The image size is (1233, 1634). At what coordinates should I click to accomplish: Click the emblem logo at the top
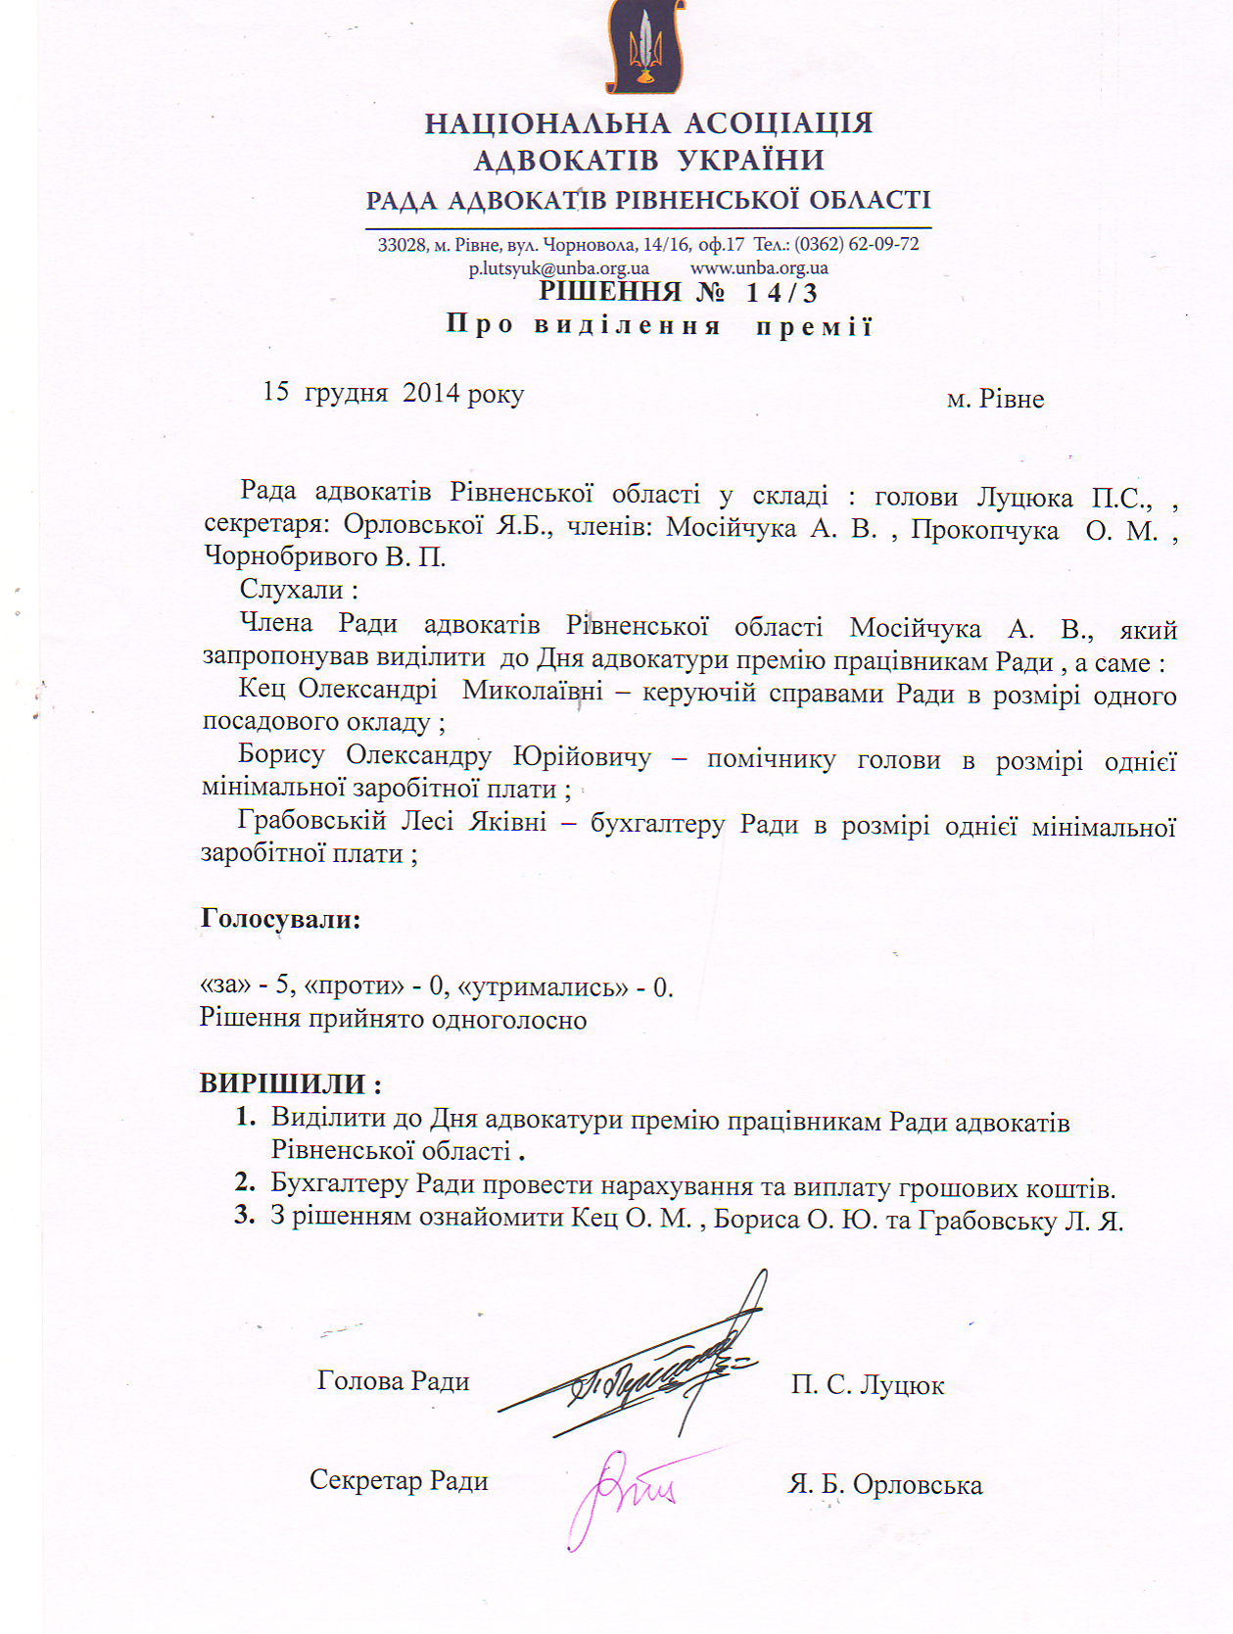point(644,46)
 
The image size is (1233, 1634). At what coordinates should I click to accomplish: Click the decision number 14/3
point(781,293)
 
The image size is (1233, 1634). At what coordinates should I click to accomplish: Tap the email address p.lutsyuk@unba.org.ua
point(558,268)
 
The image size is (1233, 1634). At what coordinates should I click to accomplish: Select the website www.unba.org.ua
point(759,267)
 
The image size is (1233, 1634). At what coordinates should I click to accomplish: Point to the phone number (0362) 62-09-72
point(856,244)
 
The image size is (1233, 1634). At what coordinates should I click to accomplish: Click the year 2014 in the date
point(431,393)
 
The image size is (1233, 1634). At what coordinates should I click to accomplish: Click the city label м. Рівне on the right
point(995,399)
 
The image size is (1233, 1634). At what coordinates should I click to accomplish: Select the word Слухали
point(292,590)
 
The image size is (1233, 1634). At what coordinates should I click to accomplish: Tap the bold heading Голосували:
point(281,919)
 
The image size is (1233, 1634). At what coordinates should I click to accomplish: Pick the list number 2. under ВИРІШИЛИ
point(245,1182)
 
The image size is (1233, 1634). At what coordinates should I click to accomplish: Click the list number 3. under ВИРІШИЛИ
point(245,1217)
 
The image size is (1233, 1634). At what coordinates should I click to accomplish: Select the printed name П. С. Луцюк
point(868,1385)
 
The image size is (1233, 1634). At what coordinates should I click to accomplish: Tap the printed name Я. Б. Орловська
point(884,1484)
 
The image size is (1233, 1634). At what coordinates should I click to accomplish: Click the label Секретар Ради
point(399,1479)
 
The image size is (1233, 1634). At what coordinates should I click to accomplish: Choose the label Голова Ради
point(393,1380)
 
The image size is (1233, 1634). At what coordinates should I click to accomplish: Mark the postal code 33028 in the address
point(401,245)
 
